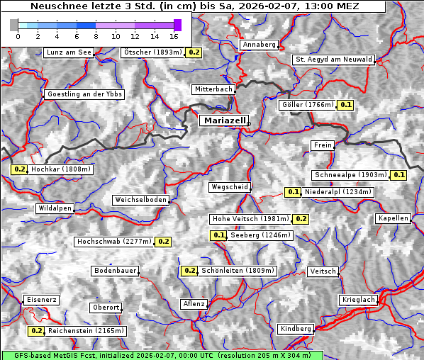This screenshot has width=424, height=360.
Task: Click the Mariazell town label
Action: tap(225, 120)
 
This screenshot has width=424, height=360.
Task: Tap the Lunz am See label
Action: tap(68, 52)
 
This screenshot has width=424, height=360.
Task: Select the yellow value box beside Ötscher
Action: tap(194, 52)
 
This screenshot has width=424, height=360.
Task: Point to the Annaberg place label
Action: tap(260, 45)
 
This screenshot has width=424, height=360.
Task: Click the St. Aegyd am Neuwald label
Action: tap(333, 60)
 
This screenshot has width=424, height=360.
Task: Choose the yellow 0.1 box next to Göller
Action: tap(345, 105)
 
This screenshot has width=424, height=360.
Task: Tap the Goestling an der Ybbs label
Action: tap(84, 94)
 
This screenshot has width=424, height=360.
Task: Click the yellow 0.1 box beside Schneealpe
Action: tap(398, 175)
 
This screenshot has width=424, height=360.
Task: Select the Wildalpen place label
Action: tap(55, 209)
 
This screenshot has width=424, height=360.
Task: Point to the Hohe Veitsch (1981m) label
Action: tap(250, 219)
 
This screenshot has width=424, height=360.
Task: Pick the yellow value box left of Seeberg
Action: tap(218, 235)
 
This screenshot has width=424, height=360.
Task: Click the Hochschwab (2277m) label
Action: tap(113, 242)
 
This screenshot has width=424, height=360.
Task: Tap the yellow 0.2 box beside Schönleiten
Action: tap(189, 271)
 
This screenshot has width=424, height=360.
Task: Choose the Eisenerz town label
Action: tap(41, 300)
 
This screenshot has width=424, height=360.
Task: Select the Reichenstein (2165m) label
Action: tap(87, 331)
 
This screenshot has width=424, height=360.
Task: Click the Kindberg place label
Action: tap(296, 329)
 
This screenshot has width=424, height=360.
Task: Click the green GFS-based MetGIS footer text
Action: tap(162, 355)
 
